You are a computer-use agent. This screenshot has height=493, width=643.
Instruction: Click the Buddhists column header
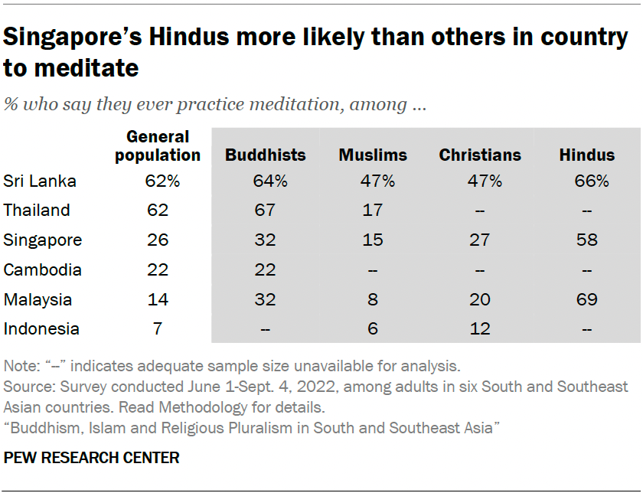coord(265,155)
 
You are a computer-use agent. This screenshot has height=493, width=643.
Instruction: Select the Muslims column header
coord(373,155)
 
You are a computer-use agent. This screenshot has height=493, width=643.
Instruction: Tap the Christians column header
coord(481,155)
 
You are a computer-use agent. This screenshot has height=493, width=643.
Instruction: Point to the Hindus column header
coord(587,155)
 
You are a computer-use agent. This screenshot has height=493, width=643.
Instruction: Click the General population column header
coord(158,146)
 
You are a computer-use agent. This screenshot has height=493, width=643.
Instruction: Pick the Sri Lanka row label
coord(41,181)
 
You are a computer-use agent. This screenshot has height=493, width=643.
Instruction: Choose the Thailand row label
coord(37,211)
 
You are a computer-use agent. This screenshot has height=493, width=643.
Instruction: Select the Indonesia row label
coord(41,329)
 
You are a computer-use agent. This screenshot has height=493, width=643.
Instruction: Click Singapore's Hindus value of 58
coord(588,240)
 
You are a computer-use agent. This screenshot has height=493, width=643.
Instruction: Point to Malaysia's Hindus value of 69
coord(588,299)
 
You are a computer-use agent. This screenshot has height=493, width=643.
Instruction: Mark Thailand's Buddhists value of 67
coord(266,211)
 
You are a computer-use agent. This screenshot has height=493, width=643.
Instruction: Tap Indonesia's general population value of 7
coord(158,329)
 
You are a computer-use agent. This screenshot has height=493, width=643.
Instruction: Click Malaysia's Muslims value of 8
coord(373,299)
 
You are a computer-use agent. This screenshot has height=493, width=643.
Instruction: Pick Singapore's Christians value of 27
coord(481,240)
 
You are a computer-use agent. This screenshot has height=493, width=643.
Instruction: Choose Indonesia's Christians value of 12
coord(481,329)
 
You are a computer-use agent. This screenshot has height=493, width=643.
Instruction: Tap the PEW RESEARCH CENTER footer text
coord(92,458)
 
